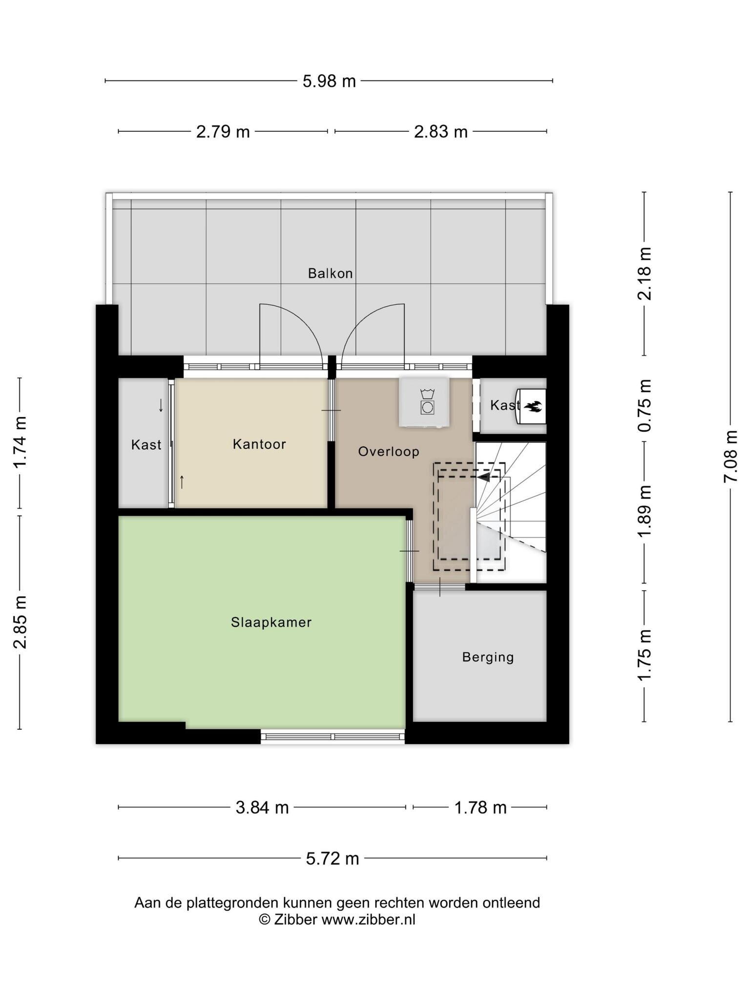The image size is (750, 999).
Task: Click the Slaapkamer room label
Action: (271, 622)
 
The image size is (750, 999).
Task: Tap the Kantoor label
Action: (259, 444)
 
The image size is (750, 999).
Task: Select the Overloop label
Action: (389, 451)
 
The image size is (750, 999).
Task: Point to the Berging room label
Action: (488, 657)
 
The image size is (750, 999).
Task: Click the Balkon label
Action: (330, 273)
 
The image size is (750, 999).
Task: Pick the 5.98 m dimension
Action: (329, 81)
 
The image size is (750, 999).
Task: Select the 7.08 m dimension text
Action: (730, 457)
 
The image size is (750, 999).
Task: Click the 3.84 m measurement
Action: (262, 808)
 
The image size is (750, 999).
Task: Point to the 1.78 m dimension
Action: (480, 808)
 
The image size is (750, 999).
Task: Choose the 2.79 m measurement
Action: (223, 132)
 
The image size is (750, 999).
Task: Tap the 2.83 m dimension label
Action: (441, 132)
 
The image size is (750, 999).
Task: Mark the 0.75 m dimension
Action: (645, 405)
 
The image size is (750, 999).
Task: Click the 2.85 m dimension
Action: (20, 622)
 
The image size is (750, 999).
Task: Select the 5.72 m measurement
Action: (333, 859)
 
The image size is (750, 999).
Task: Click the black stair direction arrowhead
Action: (483, 477)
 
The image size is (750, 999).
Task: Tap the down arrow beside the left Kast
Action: (161, 405)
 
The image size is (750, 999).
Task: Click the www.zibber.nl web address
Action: (368, 919)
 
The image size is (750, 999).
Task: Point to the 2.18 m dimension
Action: (645, 273)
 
